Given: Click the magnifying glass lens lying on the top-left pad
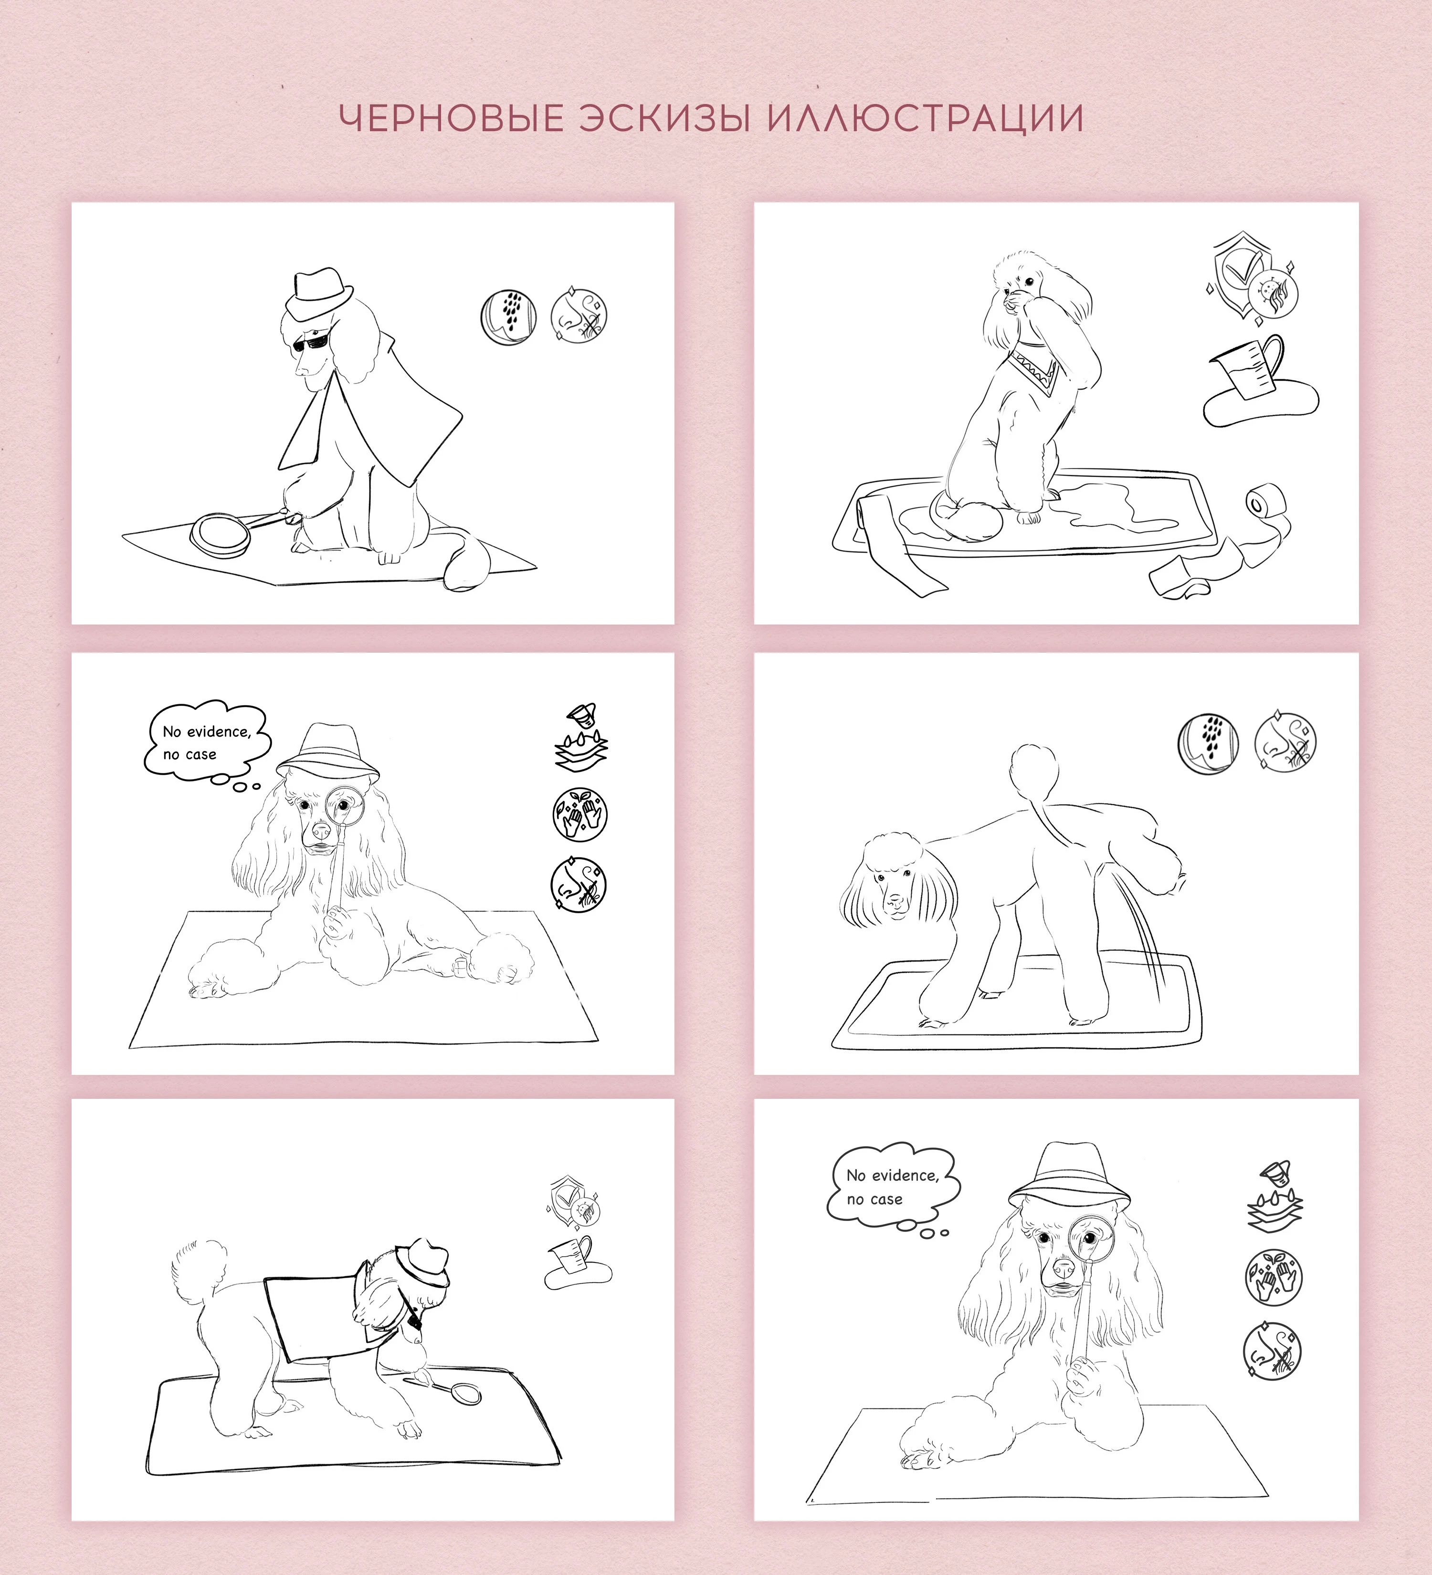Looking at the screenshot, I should point(221,533).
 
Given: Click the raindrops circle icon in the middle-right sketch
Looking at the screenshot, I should point(1208,744).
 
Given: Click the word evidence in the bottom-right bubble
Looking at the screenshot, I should point(905,1176).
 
